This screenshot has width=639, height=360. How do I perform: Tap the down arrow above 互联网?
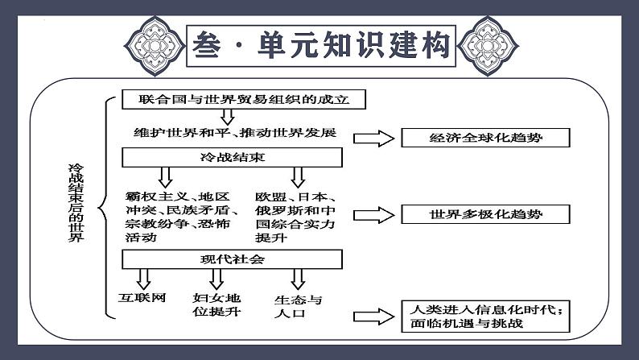[144, 279]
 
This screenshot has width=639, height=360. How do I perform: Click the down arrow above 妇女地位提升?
[216, 279]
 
